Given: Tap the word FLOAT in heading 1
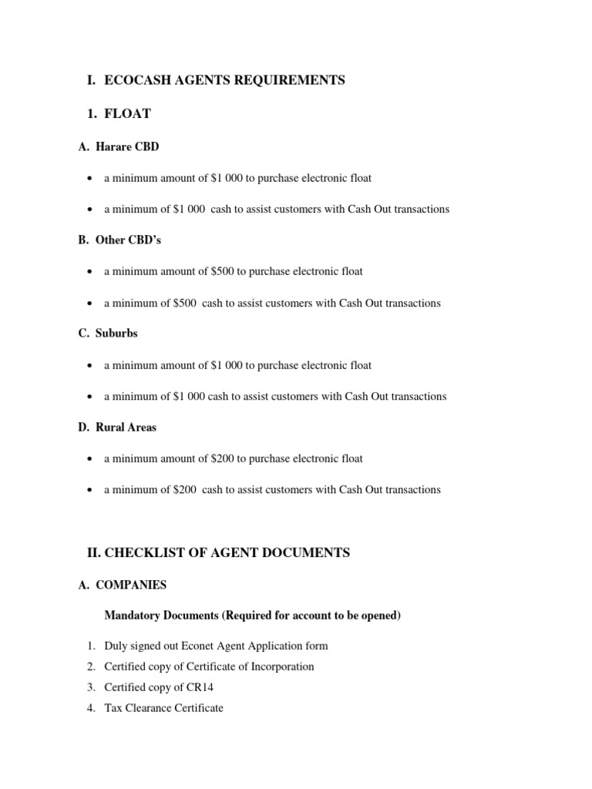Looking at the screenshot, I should (x=127, y=114).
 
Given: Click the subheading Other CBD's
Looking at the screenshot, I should (x=128, y=240).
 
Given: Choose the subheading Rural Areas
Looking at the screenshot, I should (x=126, y=427).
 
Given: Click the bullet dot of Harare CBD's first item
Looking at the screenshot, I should (x=91, y=179).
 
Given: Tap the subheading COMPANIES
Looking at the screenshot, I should (x=131, y=585).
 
